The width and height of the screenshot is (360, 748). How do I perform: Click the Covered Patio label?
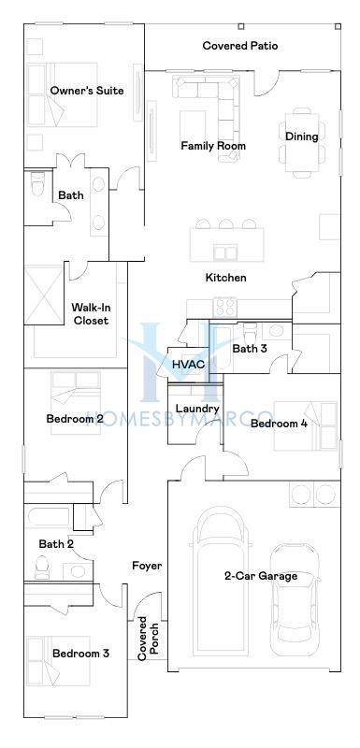coord(239,46)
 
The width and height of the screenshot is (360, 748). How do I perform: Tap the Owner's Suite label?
coord(87,90)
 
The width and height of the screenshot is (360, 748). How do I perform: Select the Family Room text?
coord(213,146)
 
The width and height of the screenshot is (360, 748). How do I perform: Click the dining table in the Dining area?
coord(302,142)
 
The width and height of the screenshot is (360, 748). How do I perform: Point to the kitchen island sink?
coord(225,252)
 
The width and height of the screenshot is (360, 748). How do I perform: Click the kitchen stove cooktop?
coord(224,307)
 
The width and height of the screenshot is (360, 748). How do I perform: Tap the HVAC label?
coord(188,365)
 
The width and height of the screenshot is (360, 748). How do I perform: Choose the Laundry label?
coord(197,409)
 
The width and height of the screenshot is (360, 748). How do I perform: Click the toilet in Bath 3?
coord(250,332)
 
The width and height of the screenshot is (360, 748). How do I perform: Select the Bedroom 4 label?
coord(279,424)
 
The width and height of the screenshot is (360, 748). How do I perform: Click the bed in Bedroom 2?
coord(76,403)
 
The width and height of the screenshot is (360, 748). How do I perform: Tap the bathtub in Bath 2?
coord(49,517)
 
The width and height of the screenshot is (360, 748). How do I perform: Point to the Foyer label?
coord(147,566)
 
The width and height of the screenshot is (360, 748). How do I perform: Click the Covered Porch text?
coord(148,639)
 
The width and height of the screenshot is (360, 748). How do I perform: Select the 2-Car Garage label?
coord(261,576)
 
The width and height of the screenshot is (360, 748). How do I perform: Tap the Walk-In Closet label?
coord(90,314)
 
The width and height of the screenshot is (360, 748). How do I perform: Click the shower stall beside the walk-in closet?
coord(44,295)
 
